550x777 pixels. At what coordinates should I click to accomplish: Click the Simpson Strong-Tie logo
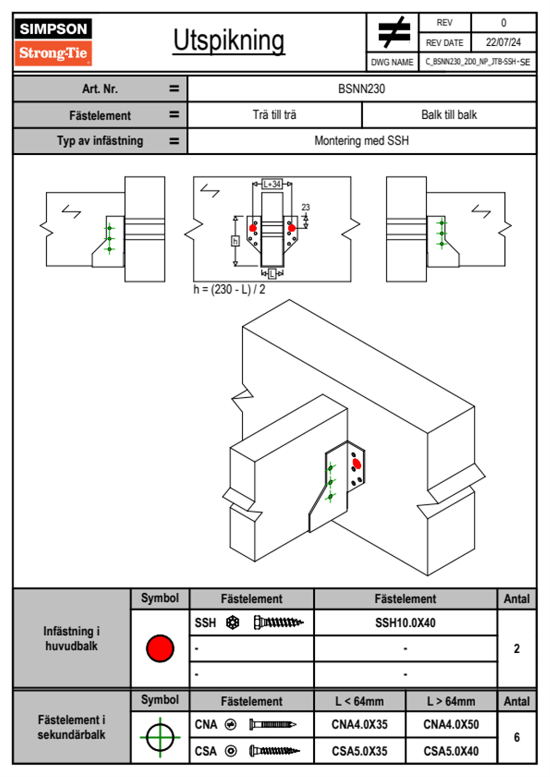click(x=53, y=42)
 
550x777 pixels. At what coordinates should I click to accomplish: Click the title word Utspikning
click(x=229, y=41)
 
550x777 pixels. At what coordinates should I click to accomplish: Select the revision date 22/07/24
click(x=503, y=42)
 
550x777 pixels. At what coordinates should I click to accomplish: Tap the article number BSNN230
click(x=361, y=89)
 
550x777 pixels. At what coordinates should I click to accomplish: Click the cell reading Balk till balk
click(x=449, y=115)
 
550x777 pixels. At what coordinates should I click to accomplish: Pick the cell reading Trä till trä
click(x=275, y=115)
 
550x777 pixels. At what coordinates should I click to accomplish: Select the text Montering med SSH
click(x=361, y=141)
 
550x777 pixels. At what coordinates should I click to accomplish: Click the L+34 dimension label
click(x=272, y=184)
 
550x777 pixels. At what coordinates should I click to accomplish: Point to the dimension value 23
click(x=306, y=207)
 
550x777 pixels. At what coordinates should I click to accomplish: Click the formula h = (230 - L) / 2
click(x=229, y=290)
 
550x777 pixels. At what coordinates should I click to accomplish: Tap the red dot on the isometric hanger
click(x=356, y=464)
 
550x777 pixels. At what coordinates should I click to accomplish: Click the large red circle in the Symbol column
click(x=160, y=648)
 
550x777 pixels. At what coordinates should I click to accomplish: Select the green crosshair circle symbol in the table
click(x=160, y=737)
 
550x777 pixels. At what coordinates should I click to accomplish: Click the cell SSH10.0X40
click(x=405, y=623)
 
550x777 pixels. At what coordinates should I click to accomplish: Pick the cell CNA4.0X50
click(x=451, y=724)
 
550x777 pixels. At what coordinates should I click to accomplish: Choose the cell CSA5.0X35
click(x=360, y=751)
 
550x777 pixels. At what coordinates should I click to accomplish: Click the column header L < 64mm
click(x=360, y=702)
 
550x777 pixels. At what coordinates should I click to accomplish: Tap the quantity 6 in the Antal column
click(x=517, y=737)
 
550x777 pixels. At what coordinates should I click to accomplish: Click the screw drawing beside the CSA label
click(x=275, y=751)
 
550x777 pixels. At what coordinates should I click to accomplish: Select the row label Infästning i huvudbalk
click(x=72, y=638)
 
